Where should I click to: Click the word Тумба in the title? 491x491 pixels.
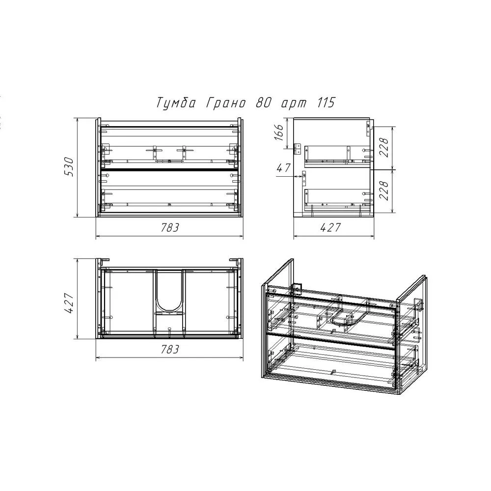176,103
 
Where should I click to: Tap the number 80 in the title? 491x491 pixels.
263,103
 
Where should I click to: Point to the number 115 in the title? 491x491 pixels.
326,103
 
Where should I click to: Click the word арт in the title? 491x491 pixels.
294,104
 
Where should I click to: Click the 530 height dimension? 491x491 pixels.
69,167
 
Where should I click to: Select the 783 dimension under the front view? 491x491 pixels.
170,227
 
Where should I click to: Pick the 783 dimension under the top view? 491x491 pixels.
170,349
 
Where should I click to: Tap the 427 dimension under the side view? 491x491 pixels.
330,227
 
